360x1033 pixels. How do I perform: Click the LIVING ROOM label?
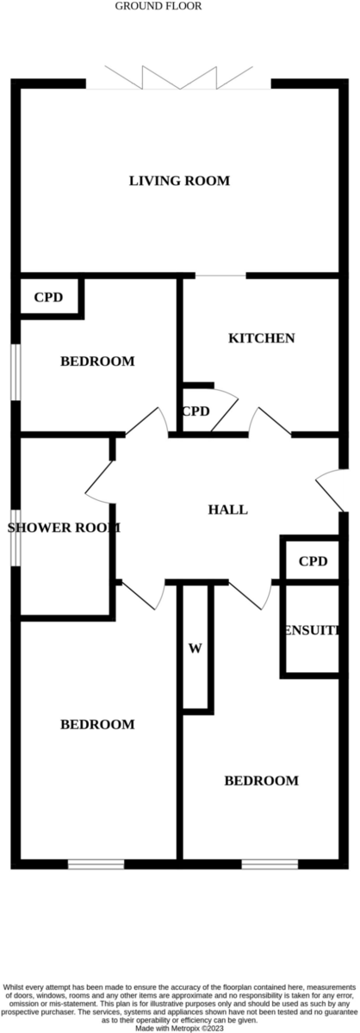(179, 180)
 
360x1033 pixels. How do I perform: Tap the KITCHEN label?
(261, 338)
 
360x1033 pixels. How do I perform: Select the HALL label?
(227, 510)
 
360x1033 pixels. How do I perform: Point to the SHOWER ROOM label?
(64, 528)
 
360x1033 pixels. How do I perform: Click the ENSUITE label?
(313, 631)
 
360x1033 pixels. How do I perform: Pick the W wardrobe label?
(196, 648)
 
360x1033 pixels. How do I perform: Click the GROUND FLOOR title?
(158, 6)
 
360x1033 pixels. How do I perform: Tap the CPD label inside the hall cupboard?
(313, 561)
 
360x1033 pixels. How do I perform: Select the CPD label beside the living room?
(48, 298)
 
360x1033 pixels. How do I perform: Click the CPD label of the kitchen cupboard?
(196, 411)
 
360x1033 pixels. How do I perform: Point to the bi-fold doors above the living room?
(178, 77)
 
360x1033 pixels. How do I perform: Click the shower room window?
(16, 538)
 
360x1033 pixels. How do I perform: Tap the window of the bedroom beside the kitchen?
(16, 372)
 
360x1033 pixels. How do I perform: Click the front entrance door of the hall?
(331, 490)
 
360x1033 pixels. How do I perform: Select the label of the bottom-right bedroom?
(261, 781)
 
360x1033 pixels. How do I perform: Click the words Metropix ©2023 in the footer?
(201, 1029)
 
